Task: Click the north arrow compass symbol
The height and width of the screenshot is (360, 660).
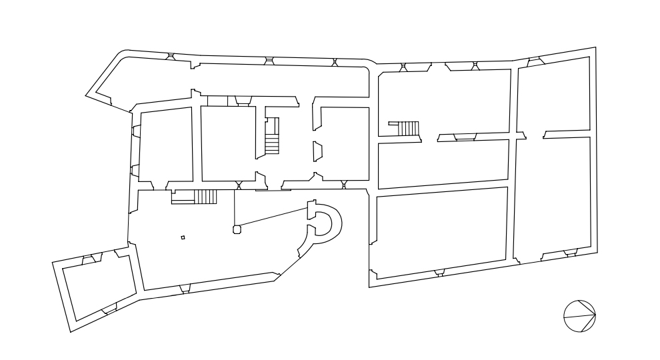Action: point(579,315)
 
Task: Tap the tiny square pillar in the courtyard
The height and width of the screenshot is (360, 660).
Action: point(183,237)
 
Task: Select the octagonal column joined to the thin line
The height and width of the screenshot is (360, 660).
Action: point(235,229)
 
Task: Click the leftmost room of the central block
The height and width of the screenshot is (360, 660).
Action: point(165,146)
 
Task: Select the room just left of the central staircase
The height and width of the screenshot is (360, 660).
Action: point(227,143)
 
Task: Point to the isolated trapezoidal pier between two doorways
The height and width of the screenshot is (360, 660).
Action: point(317,151)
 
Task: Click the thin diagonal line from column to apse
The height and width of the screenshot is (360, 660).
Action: point(273,218)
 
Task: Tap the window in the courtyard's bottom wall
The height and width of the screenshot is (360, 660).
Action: point(185,289)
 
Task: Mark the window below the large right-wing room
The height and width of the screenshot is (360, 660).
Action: point(438,273)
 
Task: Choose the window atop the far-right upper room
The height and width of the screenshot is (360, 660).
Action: point(535,61)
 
